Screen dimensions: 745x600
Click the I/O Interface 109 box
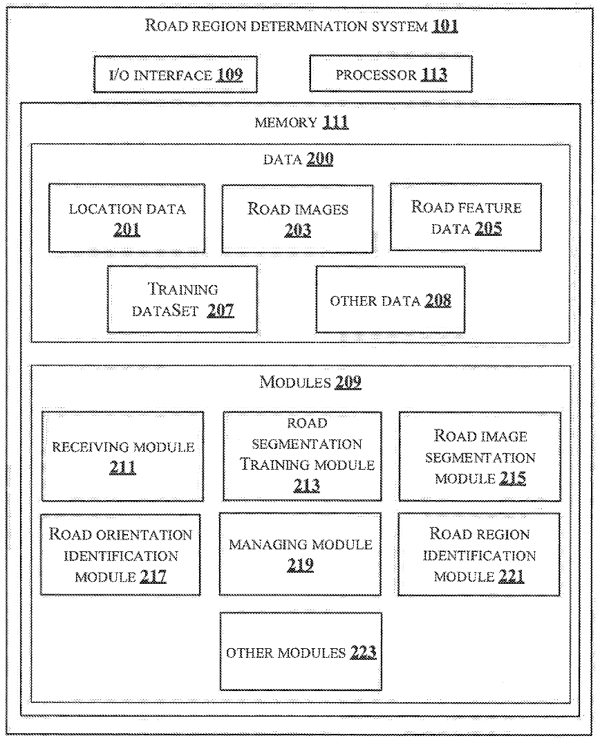(175, 75)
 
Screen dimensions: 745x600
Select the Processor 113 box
(391, 75)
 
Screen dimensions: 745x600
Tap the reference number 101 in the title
(446, 28)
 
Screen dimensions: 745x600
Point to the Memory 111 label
(301, 123)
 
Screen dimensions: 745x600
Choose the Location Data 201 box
(127, 218)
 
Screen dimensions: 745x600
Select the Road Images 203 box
(297, 218)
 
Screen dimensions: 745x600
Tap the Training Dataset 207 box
(182, 299)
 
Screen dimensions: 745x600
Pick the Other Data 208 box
(391, 299)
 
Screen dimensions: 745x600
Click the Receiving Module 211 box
(122, 457)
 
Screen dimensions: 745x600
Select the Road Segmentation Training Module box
(302, 455)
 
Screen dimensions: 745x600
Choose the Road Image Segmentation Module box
(480, 455)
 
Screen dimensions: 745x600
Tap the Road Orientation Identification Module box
(121, 555)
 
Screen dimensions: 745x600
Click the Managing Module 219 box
(300, 555)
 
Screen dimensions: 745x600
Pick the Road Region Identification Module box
(479, 555)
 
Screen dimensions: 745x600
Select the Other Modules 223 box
(301, 651)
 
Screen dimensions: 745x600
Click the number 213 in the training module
(306, 486)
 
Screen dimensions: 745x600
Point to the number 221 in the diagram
(512, 576)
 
